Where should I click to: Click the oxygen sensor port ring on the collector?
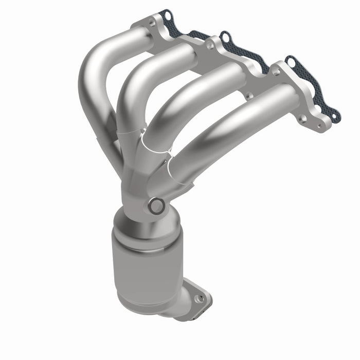pos(156,207)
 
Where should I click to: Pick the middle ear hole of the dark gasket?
pos(225,37)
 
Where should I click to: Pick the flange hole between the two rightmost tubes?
pos(247,96)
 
